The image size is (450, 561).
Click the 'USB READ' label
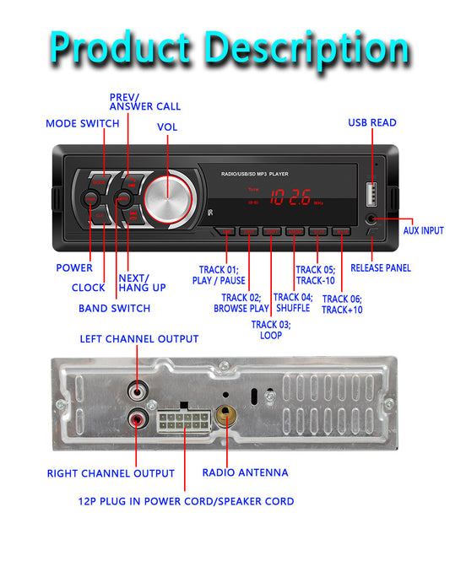pyautogui.click(x=372, y=123)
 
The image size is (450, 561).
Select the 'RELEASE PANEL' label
pyautogui.click(x=381, y=268)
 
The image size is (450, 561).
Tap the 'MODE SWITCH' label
pyautogui.click(x=83, y=124)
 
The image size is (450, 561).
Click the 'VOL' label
pyautogui.click(x=167, y=127)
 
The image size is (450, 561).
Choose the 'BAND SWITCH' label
pyautogui.click(x=114, y=309)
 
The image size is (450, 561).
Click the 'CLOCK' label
pyautogui.click(x=88, y=288)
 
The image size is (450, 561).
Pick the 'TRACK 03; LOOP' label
pyautogui.click(x=271, y=330)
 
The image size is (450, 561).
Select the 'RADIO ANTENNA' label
pyautogui.click(x=245, y=472)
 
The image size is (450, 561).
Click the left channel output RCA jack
pyautogui.click(x=138, y=390)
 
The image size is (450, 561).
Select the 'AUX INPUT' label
pyautogui.click(x=423, y=230)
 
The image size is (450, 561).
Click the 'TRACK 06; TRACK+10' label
pyautogui.click(x=343, y=305)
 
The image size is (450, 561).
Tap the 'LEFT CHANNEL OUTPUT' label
pyautogui.click(x=139, y=339)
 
